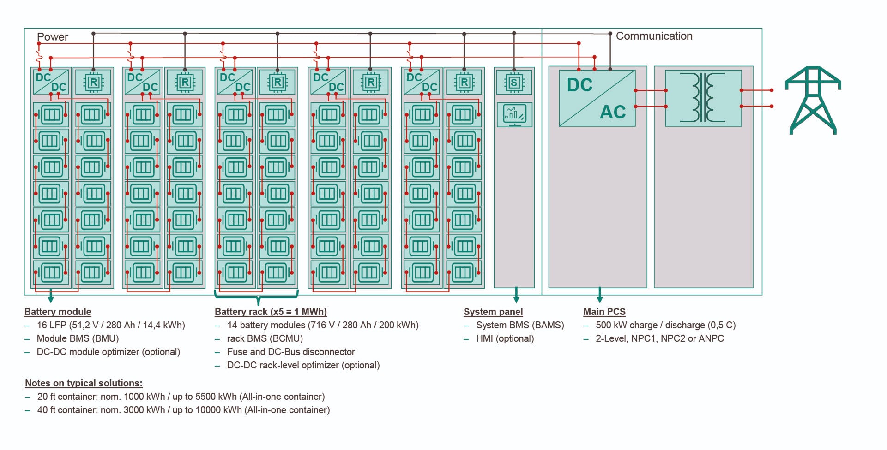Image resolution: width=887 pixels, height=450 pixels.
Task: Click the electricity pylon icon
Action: coord(813,100)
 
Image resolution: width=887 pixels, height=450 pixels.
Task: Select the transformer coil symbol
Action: coord(703,98)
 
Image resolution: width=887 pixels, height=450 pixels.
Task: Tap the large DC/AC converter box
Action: coord(597,98)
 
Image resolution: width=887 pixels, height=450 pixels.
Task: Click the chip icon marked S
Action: coord(514,83)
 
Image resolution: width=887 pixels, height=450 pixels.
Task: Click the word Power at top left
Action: coord(52,37)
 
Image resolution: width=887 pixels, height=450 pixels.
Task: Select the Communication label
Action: coord(654,36)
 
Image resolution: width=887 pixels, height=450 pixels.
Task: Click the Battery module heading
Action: coord(58,312)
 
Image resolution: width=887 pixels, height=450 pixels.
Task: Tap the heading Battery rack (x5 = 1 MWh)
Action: coord(271,312)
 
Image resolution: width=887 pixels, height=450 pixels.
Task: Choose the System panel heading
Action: coord(493,312)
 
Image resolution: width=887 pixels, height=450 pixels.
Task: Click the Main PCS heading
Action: coord(604,312)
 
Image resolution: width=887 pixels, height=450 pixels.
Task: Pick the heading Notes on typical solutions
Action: coord(84,383)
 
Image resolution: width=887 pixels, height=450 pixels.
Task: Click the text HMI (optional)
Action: coord(505,338)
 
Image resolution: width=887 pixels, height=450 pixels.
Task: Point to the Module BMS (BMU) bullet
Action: coord(78,338)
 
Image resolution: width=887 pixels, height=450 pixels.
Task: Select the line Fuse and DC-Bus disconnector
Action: coord(291,352)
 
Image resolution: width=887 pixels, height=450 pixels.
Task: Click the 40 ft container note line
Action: coord(183,410)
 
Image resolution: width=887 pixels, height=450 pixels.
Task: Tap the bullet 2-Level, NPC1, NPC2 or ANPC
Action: coord(659,338)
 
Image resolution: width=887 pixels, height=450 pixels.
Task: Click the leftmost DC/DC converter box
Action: coord(51,82)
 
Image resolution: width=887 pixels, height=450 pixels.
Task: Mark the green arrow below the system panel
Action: coord(516,295)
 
